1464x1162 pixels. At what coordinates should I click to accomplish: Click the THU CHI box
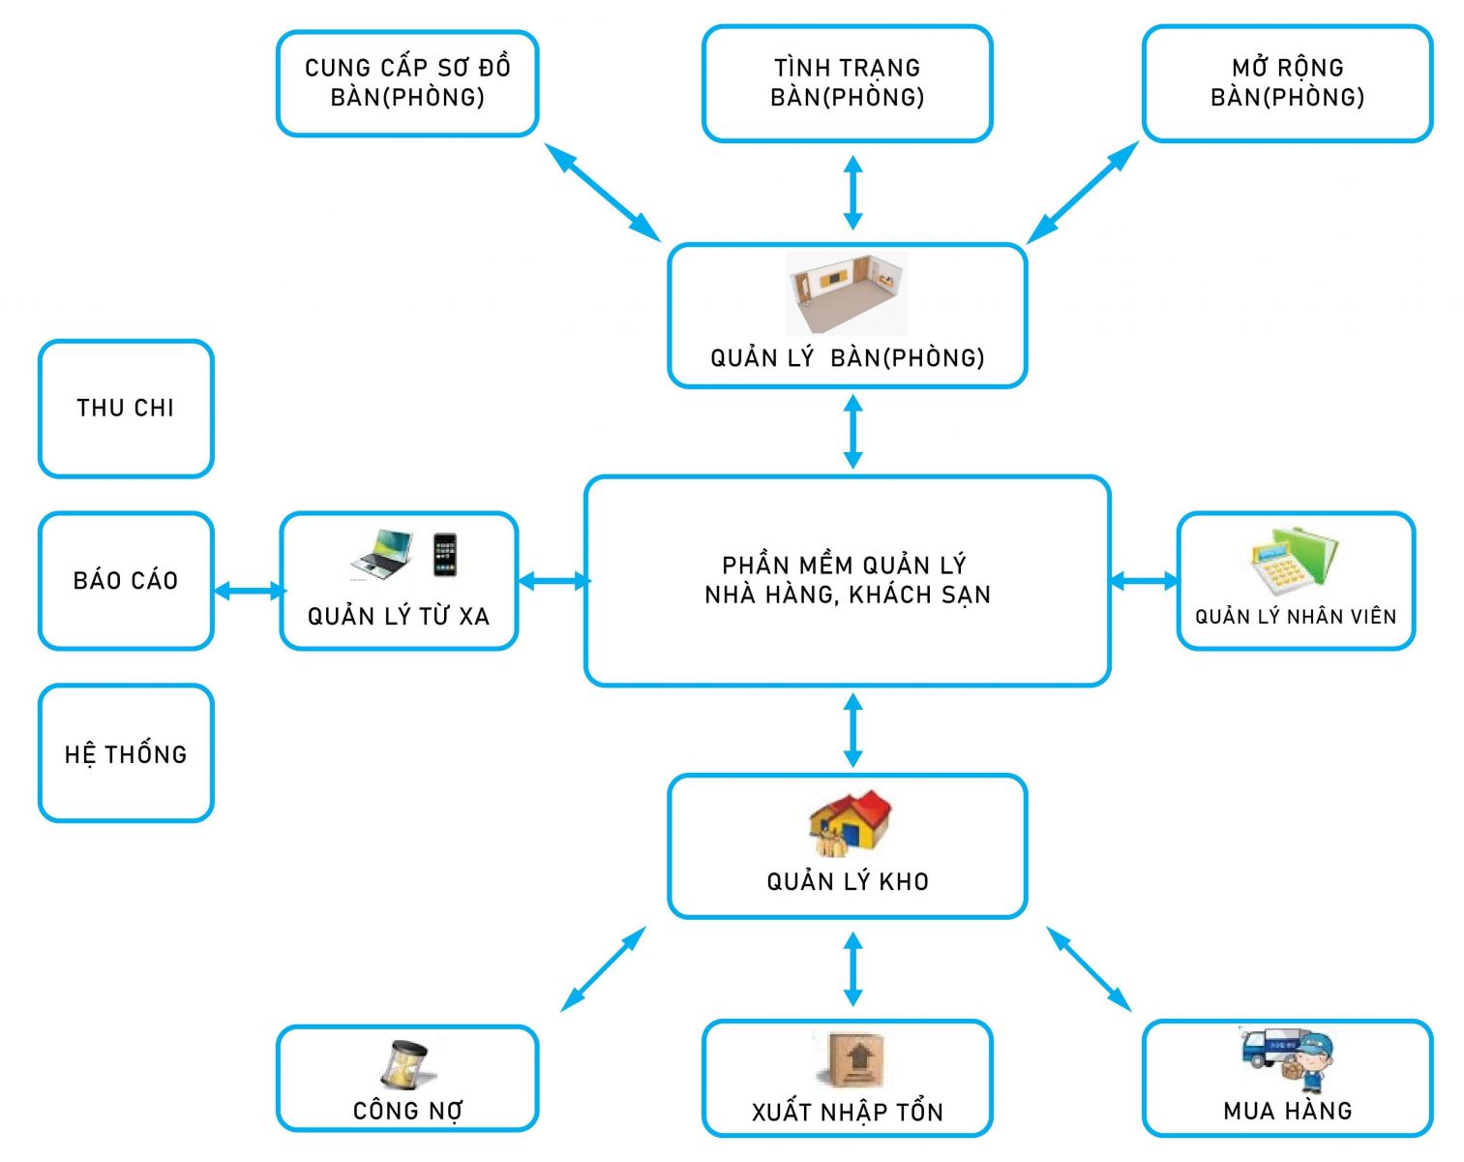tap(126, 408)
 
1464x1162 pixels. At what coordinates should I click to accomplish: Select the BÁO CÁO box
tap(126, 580)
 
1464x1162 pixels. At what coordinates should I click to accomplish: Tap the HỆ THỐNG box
tap(126, 753)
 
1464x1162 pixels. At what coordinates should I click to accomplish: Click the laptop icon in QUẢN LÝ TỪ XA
tap(380, 555)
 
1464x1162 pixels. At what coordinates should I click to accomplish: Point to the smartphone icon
tap(444, 555)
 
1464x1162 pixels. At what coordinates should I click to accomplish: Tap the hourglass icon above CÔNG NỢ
tap(404, 1065)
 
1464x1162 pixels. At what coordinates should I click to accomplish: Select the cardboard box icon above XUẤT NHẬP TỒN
tap(851, 1059)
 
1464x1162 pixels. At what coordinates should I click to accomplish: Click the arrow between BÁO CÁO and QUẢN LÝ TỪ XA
tap(249, 590)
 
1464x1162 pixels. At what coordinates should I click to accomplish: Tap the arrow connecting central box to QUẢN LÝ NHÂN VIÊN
tap(1144, 581)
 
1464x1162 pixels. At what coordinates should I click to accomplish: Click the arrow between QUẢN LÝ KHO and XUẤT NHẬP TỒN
tap(852, 968)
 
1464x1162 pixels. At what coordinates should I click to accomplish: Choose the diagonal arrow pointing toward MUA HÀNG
tap(1089, 969)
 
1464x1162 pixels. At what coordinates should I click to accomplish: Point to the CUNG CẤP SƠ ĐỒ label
tap(407, 68)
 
